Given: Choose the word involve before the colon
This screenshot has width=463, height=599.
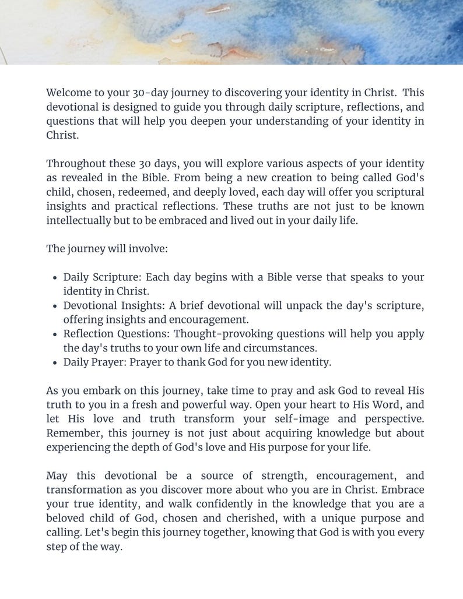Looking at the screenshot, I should click(150, 249).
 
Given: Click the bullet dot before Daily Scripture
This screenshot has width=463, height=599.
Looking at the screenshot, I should click(54, 278).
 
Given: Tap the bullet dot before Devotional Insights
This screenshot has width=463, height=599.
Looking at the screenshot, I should click(54, 306).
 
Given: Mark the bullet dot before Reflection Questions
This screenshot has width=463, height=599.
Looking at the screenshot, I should click(54, 334).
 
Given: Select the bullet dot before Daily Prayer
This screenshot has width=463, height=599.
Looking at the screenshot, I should click(54, 362).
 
